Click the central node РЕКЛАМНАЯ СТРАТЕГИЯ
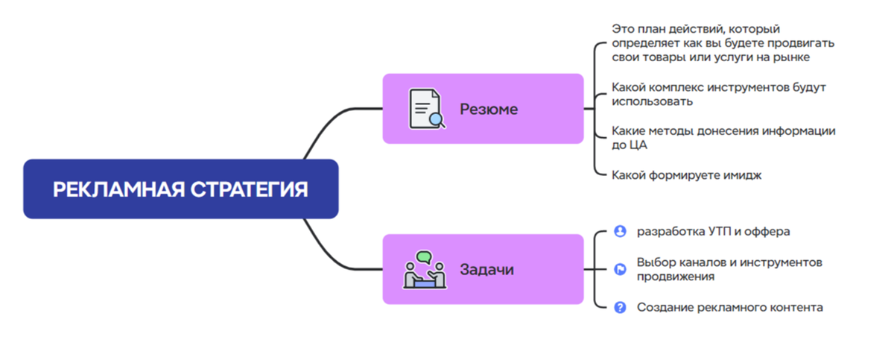180,189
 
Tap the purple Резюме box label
488,109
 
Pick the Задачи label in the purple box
486,269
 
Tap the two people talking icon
424,269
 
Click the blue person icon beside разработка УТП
619,231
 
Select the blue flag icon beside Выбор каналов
619,269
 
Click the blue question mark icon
619,307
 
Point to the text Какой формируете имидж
686,175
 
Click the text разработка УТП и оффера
713,231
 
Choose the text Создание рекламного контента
729,307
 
